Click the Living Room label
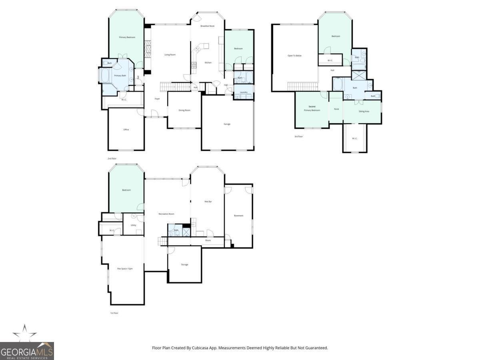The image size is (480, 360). click(170, 55)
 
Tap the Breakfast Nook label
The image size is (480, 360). click(207, 26)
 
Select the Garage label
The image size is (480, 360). click(227, 124)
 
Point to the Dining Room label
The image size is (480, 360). click(184, 110)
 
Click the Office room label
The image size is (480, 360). click(126, 129)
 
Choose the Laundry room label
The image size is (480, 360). click(243, 92)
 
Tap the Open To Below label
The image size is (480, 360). click(294, 56)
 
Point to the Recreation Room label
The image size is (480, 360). click(166, 214)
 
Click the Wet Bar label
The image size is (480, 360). click(208, 202)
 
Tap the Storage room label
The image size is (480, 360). click(184, 264)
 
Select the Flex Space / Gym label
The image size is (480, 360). click(124, 268)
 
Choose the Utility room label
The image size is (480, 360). click(133, 225)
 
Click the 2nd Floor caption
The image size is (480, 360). click(112, 159)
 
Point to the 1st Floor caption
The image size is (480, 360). click(114, 313)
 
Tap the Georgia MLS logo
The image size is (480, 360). click(26, 347)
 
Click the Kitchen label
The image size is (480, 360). click(208, 63)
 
